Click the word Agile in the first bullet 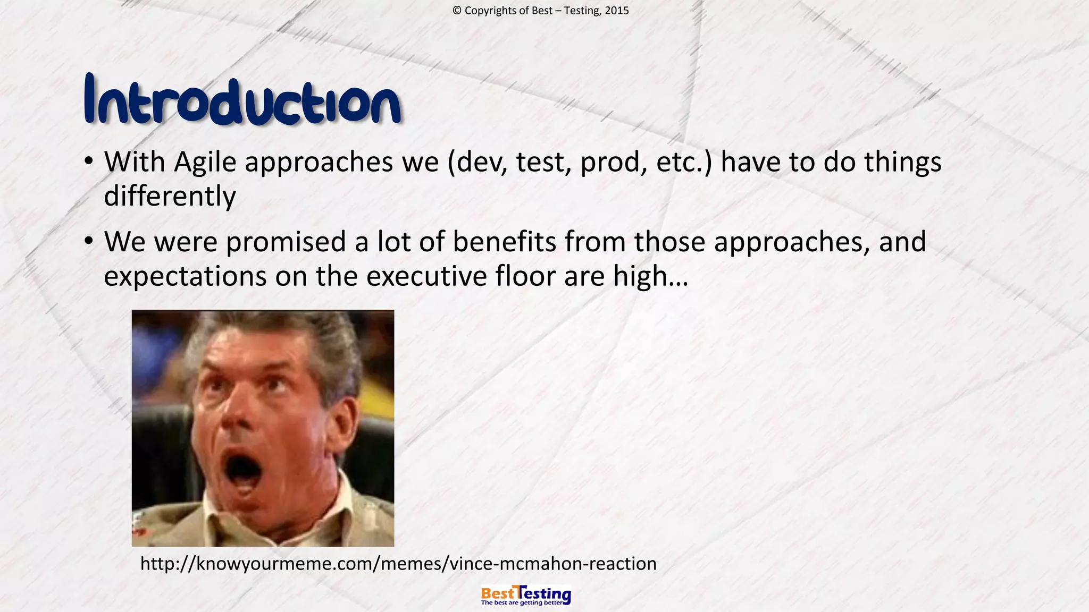205,162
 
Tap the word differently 170,196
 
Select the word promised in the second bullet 286,242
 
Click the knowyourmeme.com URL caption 398,563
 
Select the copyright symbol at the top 457,11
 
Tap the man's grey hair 319,335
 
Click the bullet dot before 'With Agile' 89,161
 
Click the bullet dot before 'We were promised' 89,241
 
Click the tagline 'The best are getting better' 522,603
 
